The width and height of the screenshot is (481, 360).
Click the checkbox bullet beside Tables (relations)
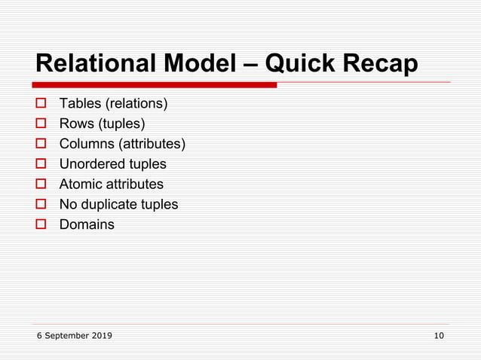pos(42,103)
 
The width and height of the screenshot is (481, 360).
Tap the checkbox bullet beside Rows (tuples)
pos(42,124)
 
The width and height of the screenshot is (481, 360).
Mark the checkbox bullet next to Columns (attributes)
pos(42,144)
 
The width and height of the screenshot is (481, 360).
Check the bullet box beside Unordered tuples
pos(42,164)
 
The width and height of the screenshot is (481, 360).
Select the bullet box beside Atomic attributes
pos(42,185)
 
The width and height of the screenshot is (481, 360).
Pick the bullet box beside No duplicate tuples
pos(42,204)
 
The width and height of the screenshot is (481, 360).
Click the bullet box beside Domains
pos(42,224)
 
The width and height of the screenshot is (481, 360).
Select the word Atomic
pos(80,185)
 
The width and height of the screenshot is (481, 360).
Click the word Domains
pos(87,224)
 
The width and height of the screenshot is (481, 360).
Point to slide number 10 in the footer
pos(439,335)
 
